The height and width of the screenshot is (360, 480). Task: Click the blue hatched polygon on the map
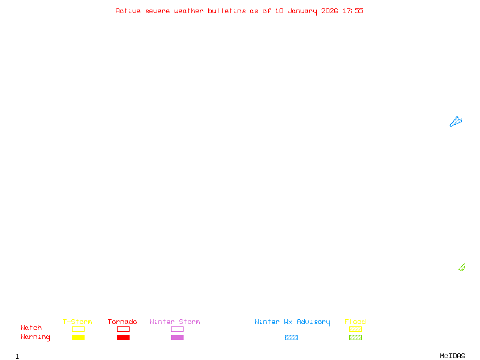(x=455, y=122)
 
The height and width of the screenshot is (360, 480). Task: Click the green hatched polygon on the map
(x=462, y=268)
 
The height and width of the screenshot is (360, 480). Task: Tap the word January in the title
(x=302, y=11)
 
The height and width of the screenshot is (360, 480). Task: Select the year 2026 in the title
(x=329, y=11)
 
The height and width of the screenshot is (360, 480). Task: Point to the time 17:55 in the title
(x=353, y=11)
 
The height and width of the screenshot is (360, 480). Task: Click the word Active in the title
(x=128, y=11)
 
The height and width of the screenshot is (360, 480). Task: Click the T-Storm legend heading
(x=77, y=322)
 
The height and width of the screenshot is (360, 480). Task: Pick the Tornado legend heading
(x=122, y=322)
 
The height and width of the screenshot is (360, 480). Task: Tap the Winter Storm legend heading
(x=175, y=322)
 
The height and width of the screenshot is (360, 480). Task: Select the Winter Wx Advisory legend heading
(x=292, y=322)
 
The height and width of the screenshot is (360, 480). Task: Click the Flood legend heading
(x=355, y=322)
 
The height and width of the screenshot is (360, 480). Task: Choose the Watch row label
(x=31, y=328)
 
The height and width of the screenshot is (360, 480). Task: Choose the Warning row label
(x=35, y=337)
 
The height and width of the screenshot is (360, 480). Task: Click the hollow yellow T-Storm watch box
(x=79, y=329)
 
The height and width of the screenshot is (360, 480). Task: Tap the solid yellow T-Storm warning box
(x=79, y=337)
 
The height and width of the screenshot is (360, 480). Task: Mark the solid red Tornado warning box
(x=124, y=337)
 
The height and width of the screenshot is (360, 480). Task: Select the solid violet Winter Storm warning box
(x=177, y=337)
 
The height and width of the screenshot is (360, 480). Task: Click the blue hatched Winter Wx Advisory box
(x=291, y=337)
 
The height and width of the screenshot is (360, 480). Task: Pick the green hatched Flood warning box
(x=355, y=337)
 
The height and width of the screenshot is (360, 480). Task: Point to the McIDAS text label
(x=452, y=356)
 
